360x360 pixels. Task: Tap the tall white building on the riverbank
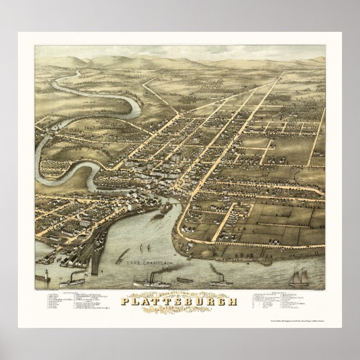click(130, 206)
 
